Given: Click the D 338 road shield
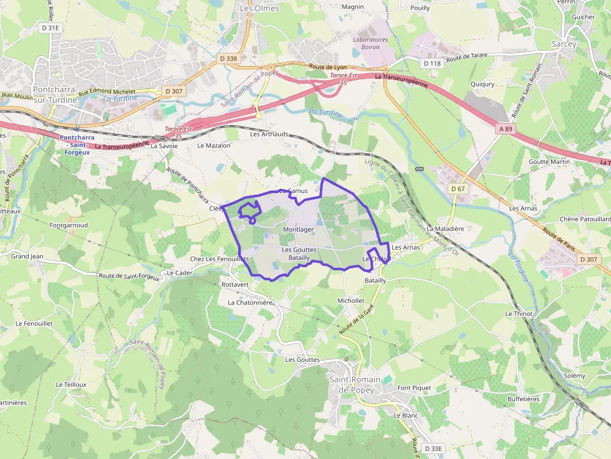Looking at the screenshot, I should (x=229, y=59).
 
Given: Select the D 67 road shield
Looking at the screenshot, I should (x=458, y=189).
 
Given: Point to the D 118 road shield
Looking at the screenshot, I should (x=432, y=64).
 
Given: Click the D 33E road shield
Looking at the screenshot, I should (x=433, y=448).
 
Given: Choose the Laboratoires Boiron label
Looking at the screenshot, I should (x=370, y=44).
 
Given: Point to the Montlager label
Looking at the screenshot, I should (x=298, y=230).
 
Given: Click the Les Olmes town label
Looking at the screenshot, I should (x=259, y=9).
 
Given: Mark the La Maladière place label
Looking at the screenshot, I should (x=445, y=229).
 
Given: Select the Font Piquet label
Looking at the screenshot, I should (x=414, y=387).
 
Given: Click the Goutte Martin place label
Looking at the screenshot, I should (x=549, y=162).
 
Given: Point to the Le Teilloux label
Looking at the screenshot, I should (x=70, y=385).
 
